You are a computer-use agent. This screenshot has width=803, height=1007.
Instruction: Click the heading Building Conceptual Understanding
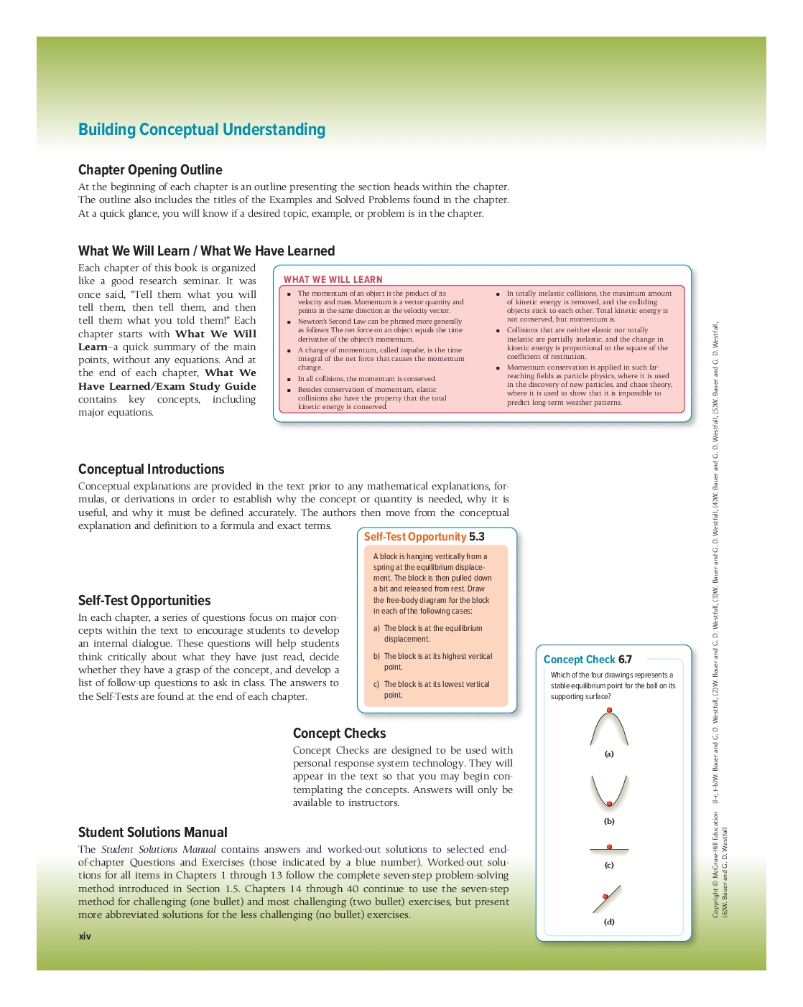202,130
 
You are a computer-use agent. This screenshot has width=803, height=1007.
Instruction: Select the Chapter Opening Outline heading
150,170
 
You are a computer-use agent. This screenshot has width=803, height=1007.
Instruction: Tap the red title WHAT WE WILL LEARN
333,280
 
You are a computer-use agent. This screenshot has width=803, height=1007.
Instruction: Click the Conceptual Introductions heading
152,469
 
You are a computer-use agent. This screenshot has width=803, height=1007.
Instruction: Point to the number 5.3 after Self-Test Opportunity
477,537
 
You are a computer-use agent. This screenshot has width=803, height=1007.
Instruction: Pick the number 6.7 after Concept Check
626,660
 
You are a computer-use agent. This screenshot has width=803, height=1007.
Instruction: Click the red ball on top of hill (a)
610,711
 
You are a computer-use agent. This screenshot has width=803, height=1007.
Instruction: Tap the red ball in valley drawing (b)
610,804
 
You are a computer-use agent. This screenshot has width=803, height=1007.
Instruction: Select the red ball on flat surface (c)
610,847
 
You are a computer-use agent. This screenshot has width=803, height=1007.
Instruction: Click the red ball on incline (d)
605,896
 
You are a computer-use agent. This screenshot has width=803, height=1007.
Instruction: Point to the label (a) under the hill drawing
609,754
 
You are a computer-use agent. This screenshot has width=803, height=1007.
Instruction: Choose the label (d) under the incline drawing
609,922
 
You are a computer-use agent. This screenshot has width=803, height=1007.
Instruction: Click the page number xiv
85,937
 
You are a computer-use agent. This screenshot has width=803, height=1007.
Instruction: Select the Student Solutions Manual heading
153,833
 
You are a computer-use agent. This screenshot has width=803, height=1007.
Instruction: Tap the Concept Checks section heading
340,734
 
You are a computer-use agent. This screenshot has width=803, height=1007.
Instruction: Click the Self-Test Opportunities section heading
144,601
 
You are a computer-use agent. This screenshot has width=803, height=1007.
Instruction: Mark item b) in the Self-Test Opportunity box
376,657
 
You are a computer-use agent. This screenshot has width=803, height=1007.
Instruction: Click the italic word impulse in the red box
412,350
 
